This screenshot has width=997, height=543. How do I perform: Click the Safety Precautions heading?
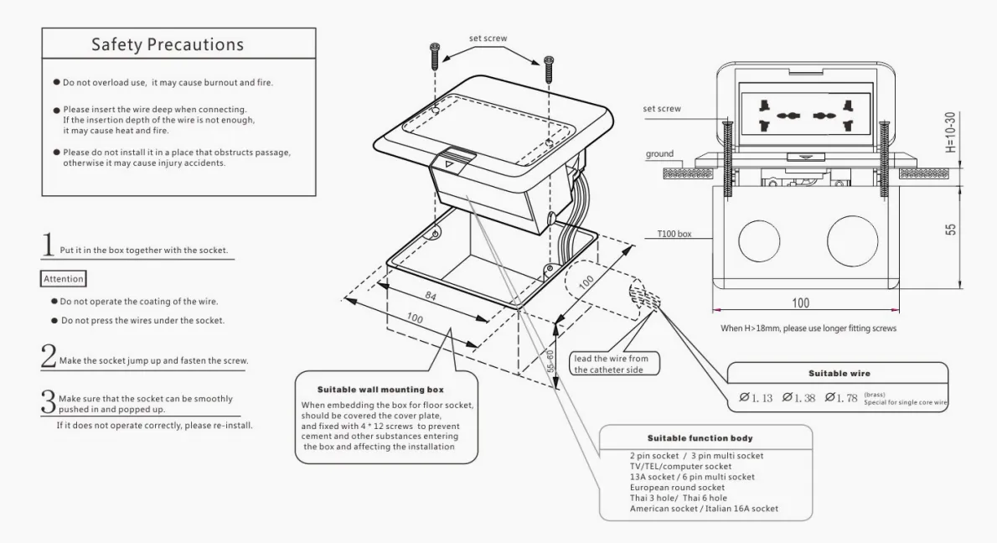tap(168, 44)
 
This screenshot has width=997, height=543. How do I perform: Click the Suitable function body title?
tap(700, 438)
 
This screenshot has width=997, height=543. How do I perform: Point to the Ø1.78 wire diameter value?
tap(840, 396)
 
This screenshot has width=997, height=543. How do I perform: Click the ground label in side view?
tap(660, 154)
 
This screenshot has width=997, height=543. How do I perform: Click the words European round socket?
tap(677, 487)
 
